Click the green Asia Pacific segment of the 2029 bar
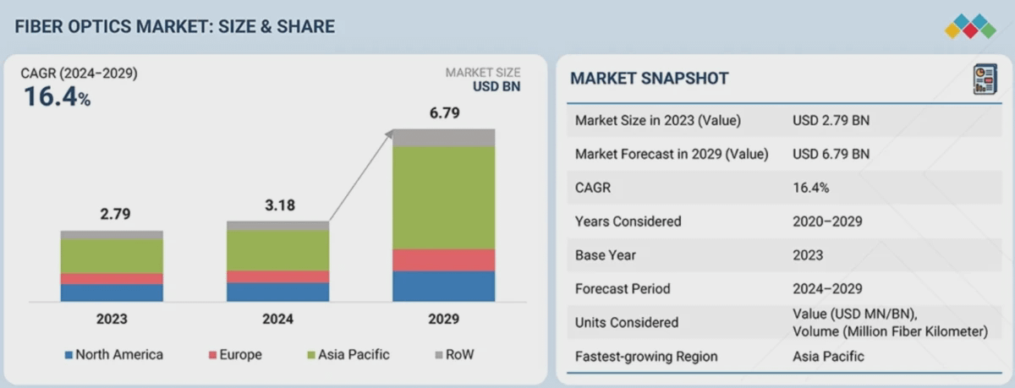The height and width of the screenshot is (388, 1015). [x=443, y=198]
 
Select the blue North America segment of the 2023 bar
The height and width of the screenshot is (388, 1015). [x=112, y=293]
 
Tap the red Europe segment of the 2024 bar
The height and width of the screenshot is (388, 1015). [x=277, y=276]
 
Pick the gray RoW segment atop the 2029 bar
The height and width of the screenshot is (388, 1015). [x=443, y=138]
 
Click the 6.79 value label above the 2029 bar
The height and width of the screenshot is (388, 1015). [x=445, y=112]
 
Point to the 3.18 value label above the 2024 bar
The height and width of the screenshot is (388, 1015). [x=280, y=205]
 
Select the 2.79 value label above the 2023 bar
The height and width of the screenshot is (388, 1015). [x=115, y=214]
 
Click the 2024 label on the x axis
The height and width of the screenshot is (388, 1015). [x=277, y=320]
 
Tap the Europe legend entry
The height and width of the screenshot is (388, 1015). [x=235, y=354]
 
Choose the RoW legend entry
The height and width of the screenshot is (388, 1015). [x=454, y=354]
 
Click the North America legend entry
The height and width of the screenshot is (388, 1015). [x=113, y=354]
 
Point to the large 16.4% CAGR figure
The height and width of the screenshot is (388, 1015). [x=58, y=96]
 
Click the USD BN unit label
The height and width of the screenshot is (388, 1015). [x=497, y=86]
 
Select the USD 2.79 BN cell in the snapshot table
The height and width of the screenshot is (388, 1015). [x=831, y=120]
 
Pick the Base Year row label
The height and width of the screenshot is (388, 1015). [x=606, y=255]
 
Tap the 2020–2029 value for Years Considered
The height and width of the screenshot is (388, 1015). [x=827, y=221]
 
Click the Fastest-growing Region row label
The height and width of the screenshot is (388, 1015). [x=646, y=357]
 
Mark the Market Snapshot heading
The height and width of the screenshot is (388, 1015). [x=650, y=79]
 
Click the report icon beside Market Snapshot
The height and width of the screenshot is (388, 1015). [x=985, y=79]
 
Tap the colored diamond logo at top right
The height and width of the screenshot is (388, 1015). [x=971, y=26]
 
